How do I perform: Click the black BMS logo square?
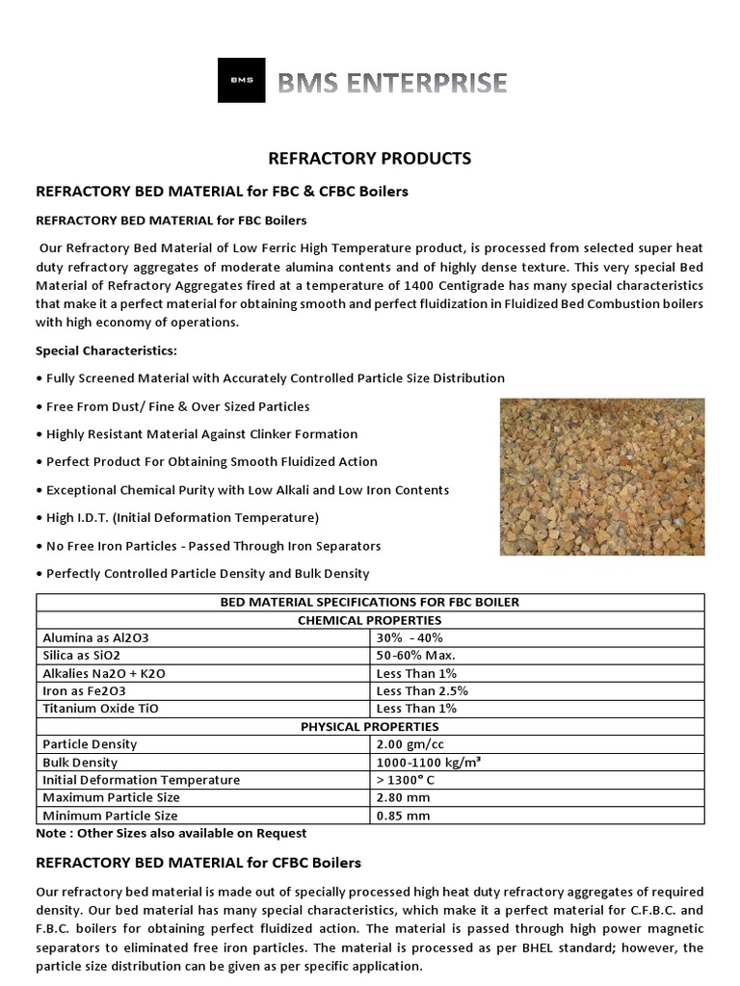tap(241, 81)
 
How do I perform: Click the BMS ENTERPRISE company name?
tap(392, 83)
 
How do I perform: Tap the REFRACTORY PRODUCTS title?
tap(369, 158)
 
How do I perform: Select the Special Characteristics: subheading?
tap(106, 350)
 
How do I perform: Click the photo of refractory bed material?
tap(601, 477)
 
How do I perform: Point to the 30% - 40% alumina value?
tap(410, 637)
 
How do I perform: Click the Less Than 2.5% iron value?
tap(419, 690)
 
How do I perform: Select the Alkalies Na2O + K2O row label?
tap(105, 673)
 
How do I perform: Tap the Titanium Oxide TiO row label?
tap(100, 708)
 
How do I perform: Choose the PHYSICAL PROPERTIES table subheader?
tap(370, 726)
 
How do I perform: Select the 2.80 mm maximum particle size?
tap(403, 797)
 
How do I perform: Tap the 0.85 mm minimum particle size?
tap(403, 815)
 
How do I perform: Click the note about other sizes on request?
tap(171, 833)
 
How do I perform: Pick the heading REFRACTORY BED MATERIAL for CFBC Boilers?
tap(198, 862)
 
